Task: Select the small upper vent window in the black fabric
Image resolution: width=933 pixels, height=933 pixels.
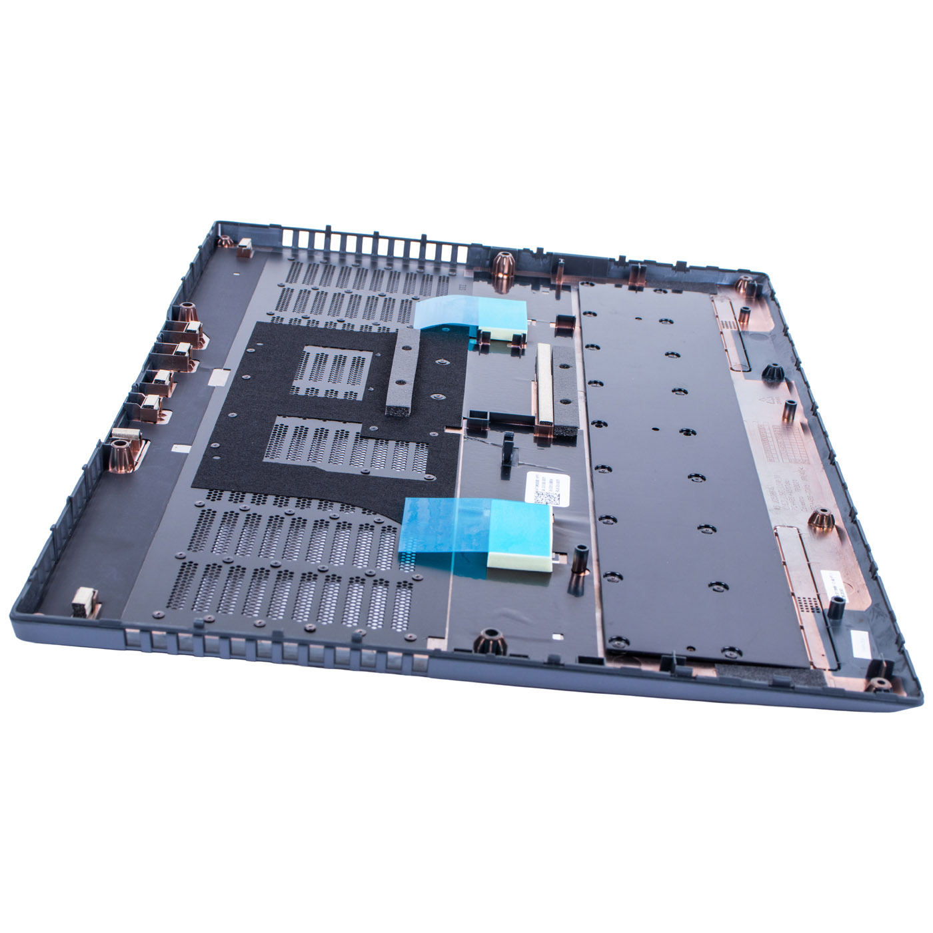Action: (x=335, y=373)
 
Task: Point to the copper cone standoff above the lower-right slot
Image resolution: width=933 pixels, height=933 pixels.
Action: (x=821, y=518)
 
